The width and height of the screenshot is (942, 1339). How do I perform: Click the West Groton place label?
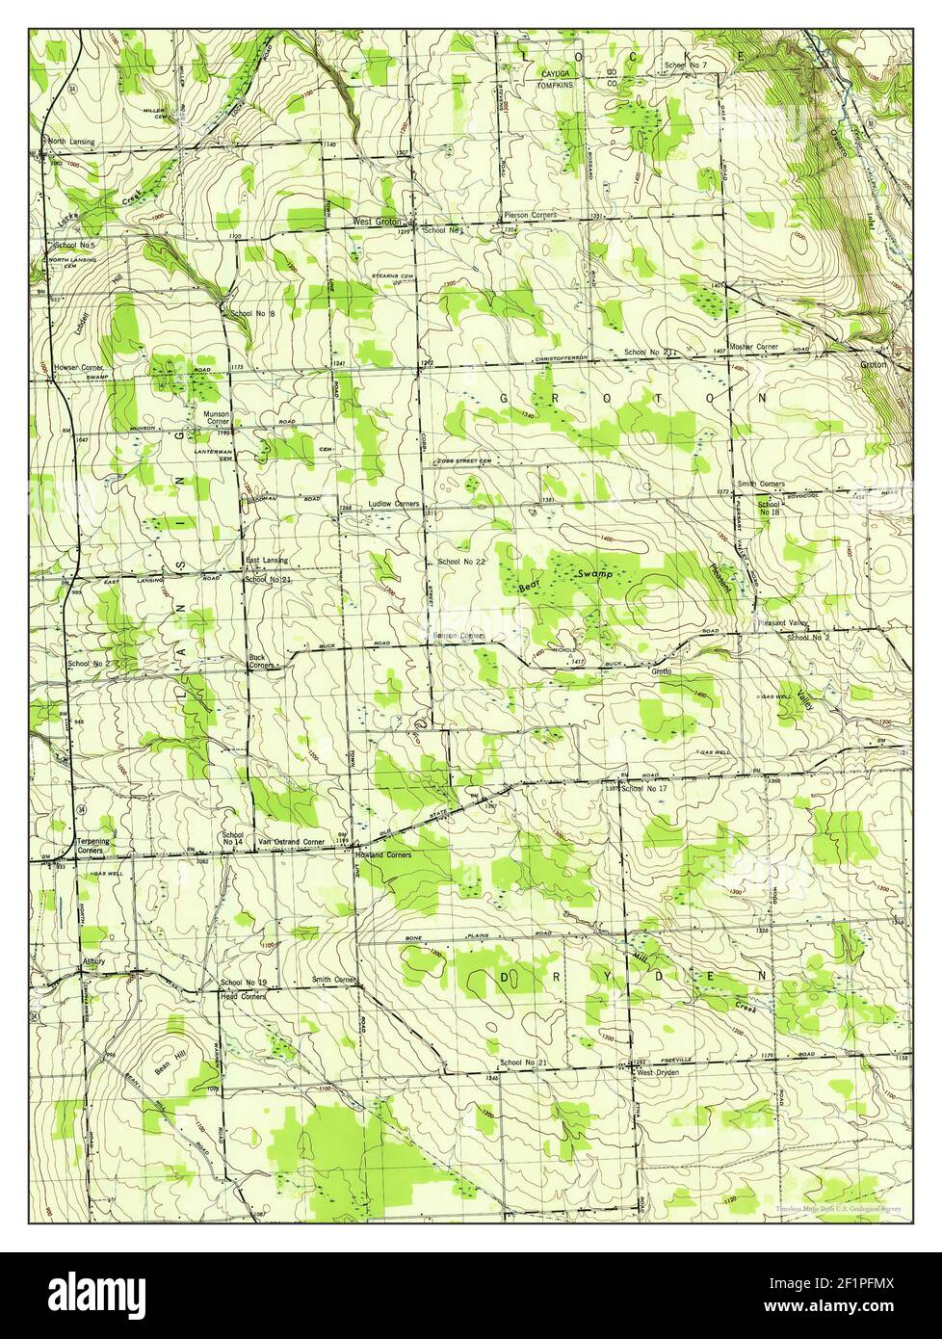tap(377, 221)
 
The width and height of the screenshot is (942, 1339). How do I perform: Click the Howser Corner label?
tap(79, 368)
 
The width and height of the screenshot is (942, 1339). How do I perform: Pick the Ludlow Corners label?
tap(386, 504)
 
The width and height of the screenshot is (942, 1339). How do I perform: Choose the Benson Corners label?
tap(457, 637)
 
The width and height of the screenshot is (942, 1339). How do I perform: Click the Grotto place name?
tap(661, 670)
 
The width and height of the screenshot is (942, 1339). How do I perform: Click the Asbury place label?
tap(92, 961)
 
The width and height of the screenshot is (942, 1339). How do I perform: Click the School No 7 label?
tap(686, 65)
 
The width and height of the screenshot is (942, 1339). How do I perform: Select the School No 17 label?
tap(644, 789)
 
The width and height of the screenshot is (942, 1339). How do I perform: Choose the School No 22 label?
tap(460, 561)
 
